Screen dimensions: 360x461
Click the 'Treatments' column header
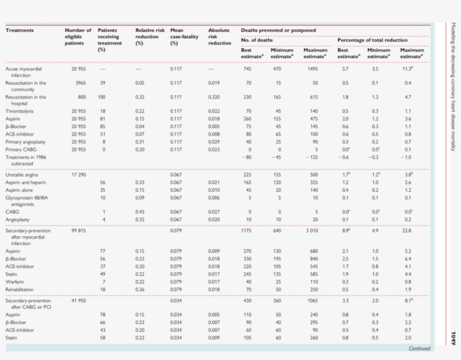tap(20, 30)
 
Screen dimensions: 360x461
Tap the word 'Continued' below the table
tap(419, 349)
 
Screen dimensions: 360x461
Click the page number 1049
tap(453, 337)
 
